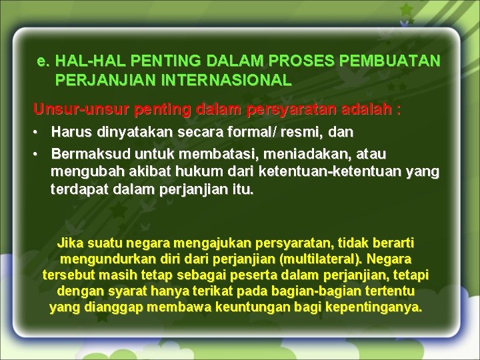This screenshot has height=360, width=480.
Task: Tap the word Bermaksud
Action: [x=83, y=154]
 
